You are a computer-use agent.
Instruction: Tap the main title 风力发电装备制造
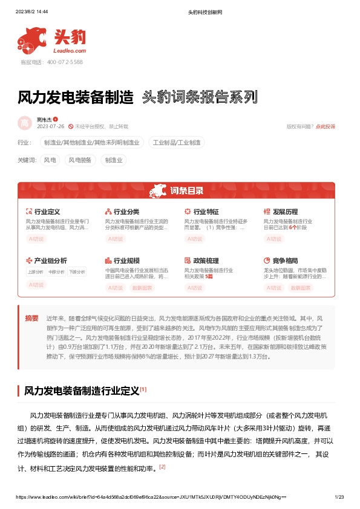tap(76, 97)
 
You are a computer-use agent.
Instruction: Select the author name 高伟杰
tap(44, 120)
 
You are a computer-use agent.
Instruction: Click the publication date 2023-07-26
tap(50, 126)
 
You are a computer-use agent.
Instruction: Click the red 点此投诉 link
tap(325, 126)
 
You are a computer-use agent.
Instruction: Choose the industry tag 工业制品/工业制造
tap(178, 143)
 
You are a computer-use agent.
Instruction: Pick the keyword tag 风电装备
tap(80, 160)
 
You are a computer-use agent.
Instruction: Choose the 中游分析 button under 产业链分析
tap(56, 272)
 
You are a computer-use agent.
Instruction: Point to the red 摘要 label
tap(31, 318)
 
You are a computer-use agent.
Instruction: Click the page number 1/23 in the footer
tap(339, 497)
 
